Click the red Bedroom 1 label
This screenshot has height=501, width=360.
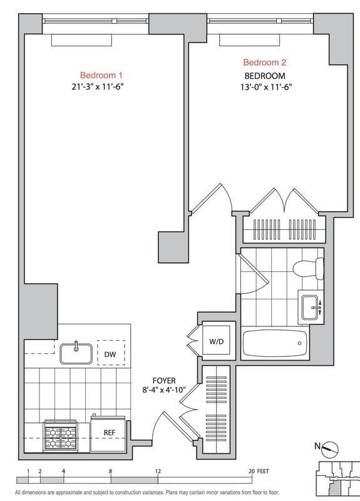click(101, 75)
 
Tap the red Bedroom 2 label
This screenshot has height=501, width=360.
click(264, 62)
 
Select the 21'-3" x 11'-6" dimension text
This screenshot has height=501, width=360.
click(98, 87)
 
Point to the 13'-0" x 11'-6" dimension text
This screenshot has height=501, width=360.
click(266, 87)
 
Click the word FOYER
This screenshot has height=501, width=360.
click(164, 381)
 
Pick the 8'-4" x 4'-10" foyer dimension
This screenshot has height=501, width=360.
click(164, 390)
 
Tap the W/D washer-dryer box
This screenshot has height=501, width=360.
click(216, 341)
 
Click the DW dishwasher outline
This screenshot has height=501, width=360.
click(111, 353)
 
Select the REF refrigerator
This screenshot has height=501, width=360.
click(108, 433)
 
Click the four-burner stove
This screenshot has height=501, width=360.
click(60, 436)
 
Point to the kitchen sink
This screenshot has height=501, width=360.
click(76, 353)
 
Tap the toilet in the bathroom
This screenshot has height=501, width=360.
click(309, 269)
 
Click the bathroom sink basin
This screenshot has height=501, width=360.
click(310, 307)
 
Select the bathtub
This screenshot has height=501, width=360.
click(275, 343)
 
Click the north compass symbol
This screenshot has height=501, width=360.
click(330, 450)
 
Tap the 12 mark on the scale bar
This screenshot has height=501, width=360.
click(158, 472)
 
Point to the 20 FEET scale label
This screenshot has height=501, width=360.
click(259, 472)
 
